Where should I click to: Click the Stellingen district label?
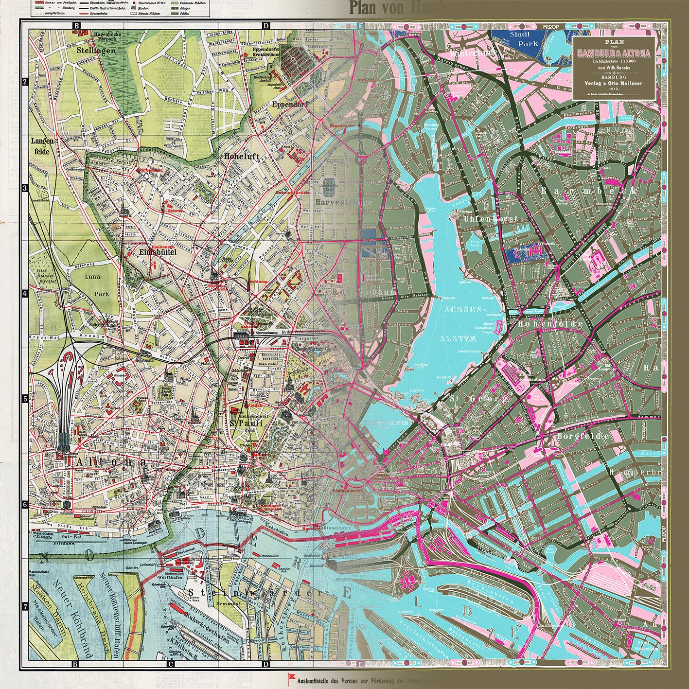(x=99, y=50)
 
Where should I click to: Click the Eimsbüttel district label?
(x=157, y=252)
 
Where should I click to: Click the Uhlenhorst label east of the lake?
(x=480, y=219)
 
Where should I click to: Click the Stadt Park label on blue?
(x=521, y=39)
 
